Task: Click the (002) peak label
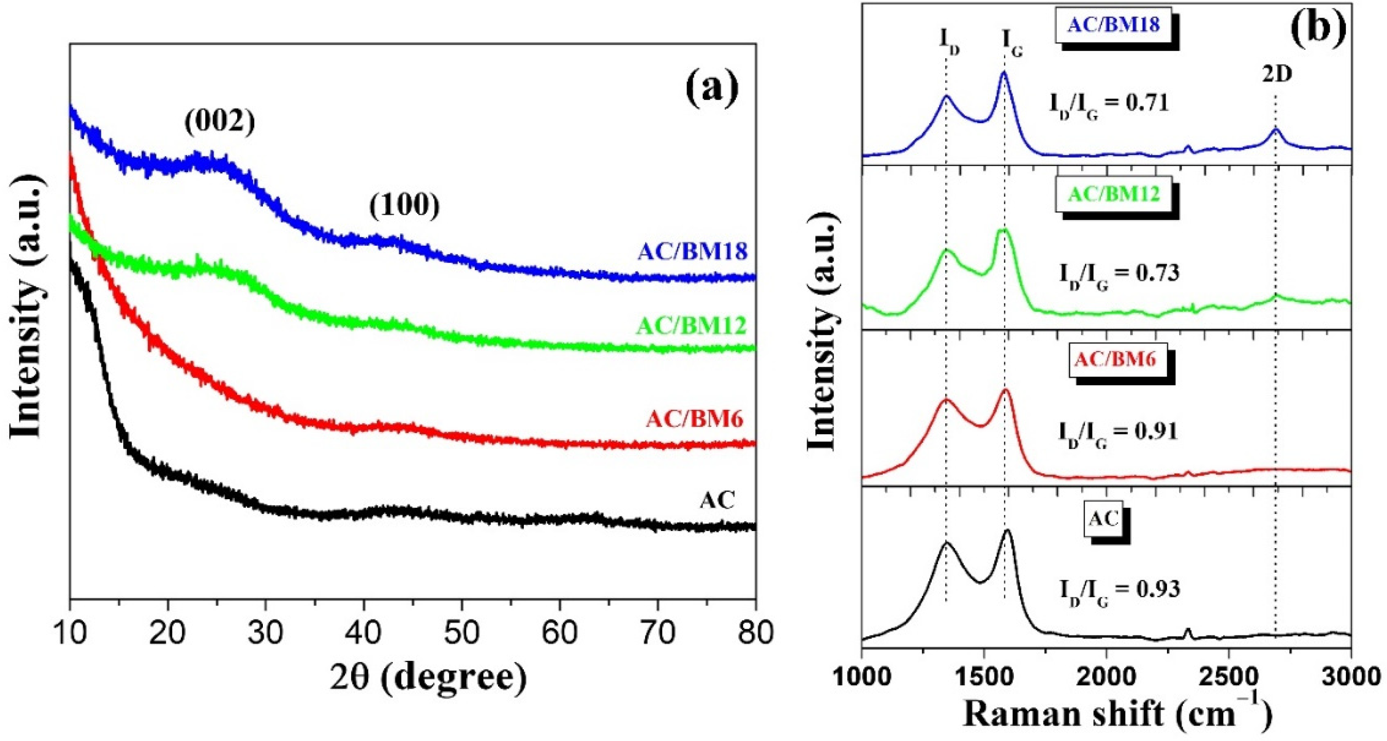coord(219,122)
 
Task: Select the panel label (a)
coord(712,89)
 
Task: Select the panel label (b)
coord(1318,27)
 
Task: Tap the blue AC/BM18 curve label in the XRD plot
coord(692,251)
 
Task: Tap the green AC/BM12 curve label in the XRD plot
coord(691,325)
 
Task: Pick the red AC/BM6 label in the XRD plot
coord(695,418)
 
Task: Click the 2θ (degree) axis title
coord(428,678)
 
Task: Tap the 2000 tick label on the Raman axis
coord(1106,676)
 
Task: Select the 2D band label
coord(1277,75)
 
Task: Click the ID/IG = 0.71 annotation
coord(1109,103)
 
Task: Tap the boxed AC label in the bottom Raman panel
coord(1103,519)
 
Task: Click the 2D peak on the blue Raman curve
coord(1275,129)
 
